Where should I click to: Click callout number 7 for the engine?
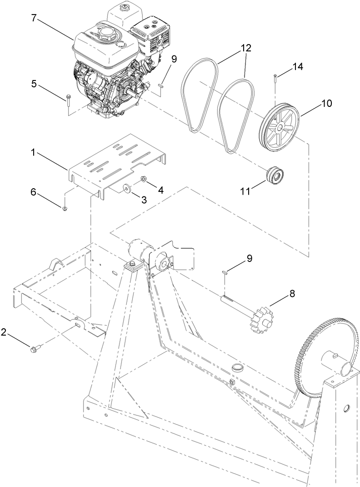(x=33, y=19)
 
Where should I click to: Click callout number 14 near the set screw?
(x=297, y=66)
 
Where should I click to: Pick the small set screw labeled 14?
(x=276, y=78)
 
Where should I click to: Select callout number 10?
(x=327, y=103)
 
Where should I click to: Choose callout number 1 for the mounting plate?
(x=33, y=153)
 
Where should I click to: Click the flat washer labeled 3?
(x=125, y=186)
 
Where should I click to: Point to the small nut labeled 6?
(x=64, y=209)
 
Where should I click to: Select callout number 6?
(x=33, y=192)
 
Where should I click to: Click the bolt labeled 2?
(x=35, y=350)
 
